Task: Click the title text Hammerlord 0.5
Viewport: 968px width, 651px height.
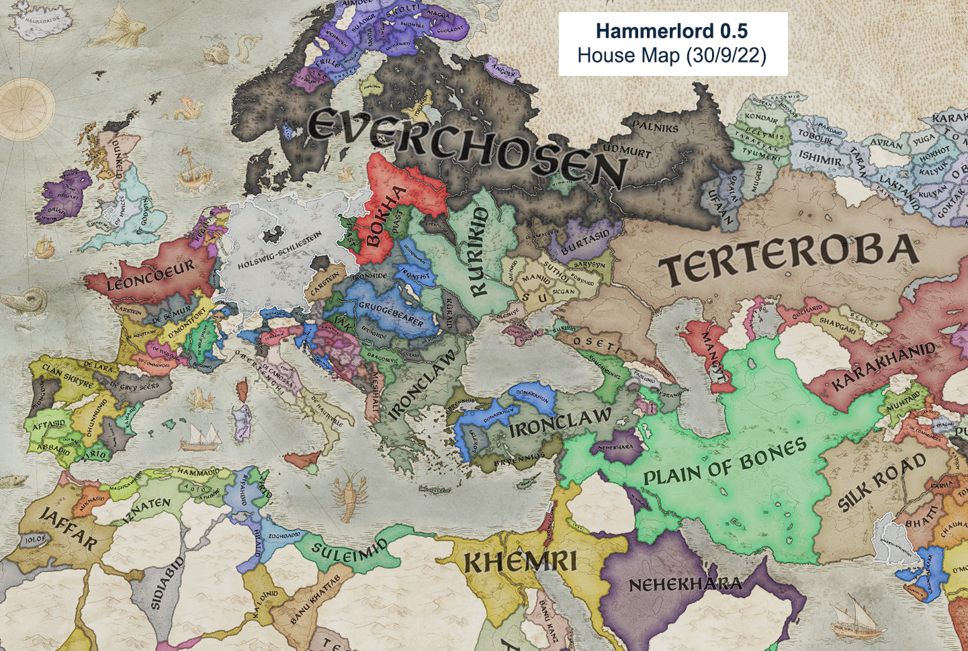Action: [x=672, y=31]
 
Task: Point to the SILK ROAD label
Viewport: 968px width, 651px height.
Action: [x=882, y=482]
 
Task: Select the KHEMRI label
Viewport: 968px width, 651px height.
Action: [x=521, y=560]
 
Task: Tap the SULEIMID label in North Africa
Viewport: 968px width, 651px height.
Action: [x=349, y=552]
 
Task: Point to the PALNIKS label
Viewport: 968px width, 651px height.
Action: [x=656, y=126]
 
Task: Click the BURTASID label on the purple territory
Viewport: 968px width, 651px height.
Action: [x=585, y=241]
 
